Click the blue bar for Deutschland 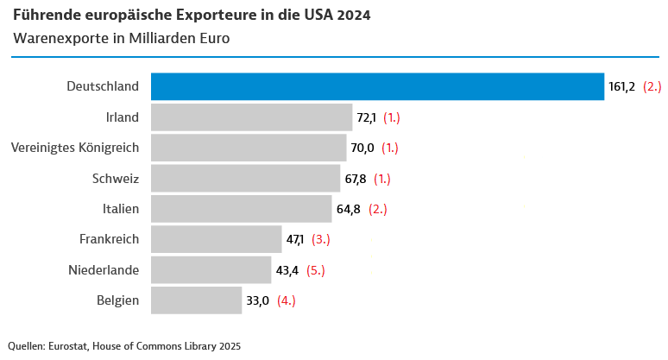coord(377,86)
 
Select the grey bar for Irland coord(251,117)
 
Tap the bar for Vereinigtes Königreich coord(249,148)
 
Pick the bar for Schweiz coord(245,179)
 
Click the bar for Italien coord(241,209)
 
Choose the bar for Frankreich coord(217,239)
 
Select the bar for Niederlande coord(211,270)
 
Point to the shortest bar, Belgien coord(196,300)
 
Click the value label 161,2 coord(621,86)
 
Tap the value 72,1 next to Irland coord(366,117)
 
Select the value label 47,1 coord(295,239)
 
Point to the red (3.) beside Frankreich coord(321,239)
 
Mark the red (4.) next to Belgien coord(287,300)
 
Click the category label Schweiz coord(115,179)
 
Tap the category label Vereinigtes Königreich coord(75,148)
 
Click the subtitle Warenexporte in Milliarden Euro coord(122,40)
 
